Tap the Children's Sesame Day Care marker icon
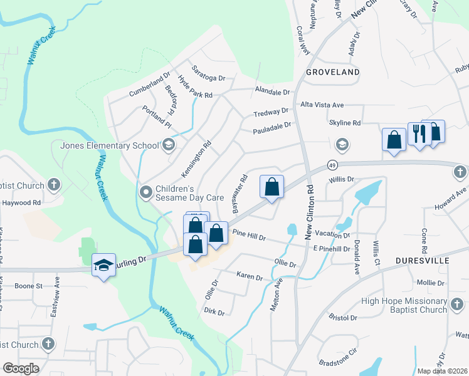click(146, 191)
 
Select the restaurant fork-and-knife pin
click(418, 134)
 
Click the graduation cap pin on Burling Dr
click(103, 265)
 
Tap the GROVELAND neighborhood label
click(333, 72)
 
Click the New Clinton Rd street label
click(309, 211)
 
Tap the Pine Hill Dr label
click(250, 237)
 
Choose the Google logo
click(21, 368)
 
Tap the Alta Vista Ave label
click(322, 105)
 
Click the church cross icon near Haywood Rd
click(54, 185)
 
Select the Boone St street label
click(28, 286)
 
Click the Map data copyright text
click(442, 371)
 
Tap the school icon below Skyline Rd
click(342, 145)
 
